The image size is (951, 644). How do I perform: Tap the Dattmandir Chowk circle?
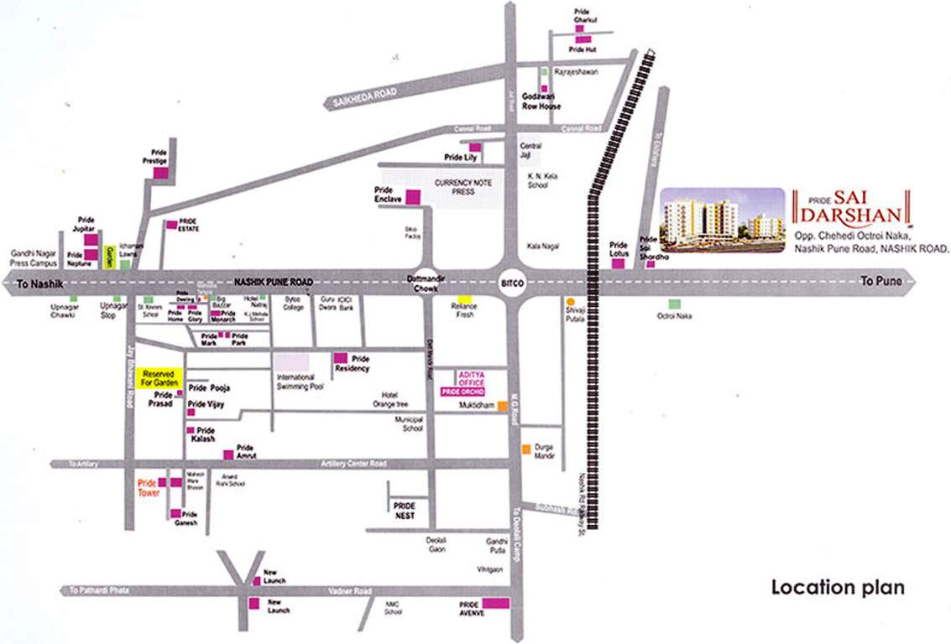click(x=429, y=279)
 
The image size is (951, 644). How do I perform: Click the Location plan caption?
click(x=838, y=587)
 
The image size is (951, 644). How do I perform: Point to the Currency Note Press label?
click(x=462, y=187)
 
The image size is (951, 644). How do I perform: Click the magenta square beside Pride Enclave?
click(x=413, y=198)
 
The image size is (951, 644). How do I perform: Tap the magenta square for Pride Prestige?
click(x=161, y=170)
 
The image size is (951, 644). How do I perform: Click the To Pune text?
click(x=881, y=282)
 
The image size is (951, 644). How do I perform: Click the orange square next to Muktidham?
click(x=502, y=406)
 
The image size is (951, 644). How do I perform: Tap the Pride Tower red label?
click(x=148, y=488)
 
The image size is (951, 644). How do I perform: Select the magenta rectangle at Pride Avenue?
click(x=495, y=603)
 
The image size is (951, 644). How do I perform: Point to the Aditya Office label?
click(x=470, y=378)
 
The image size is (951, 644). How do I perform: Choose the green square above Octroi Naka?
click(x=673, y=304)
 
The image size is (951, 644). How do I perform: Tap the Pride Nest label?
click(x=405, y=512)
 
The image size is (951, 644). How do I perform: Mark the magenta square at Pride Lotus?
click(x=618, y=263)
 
